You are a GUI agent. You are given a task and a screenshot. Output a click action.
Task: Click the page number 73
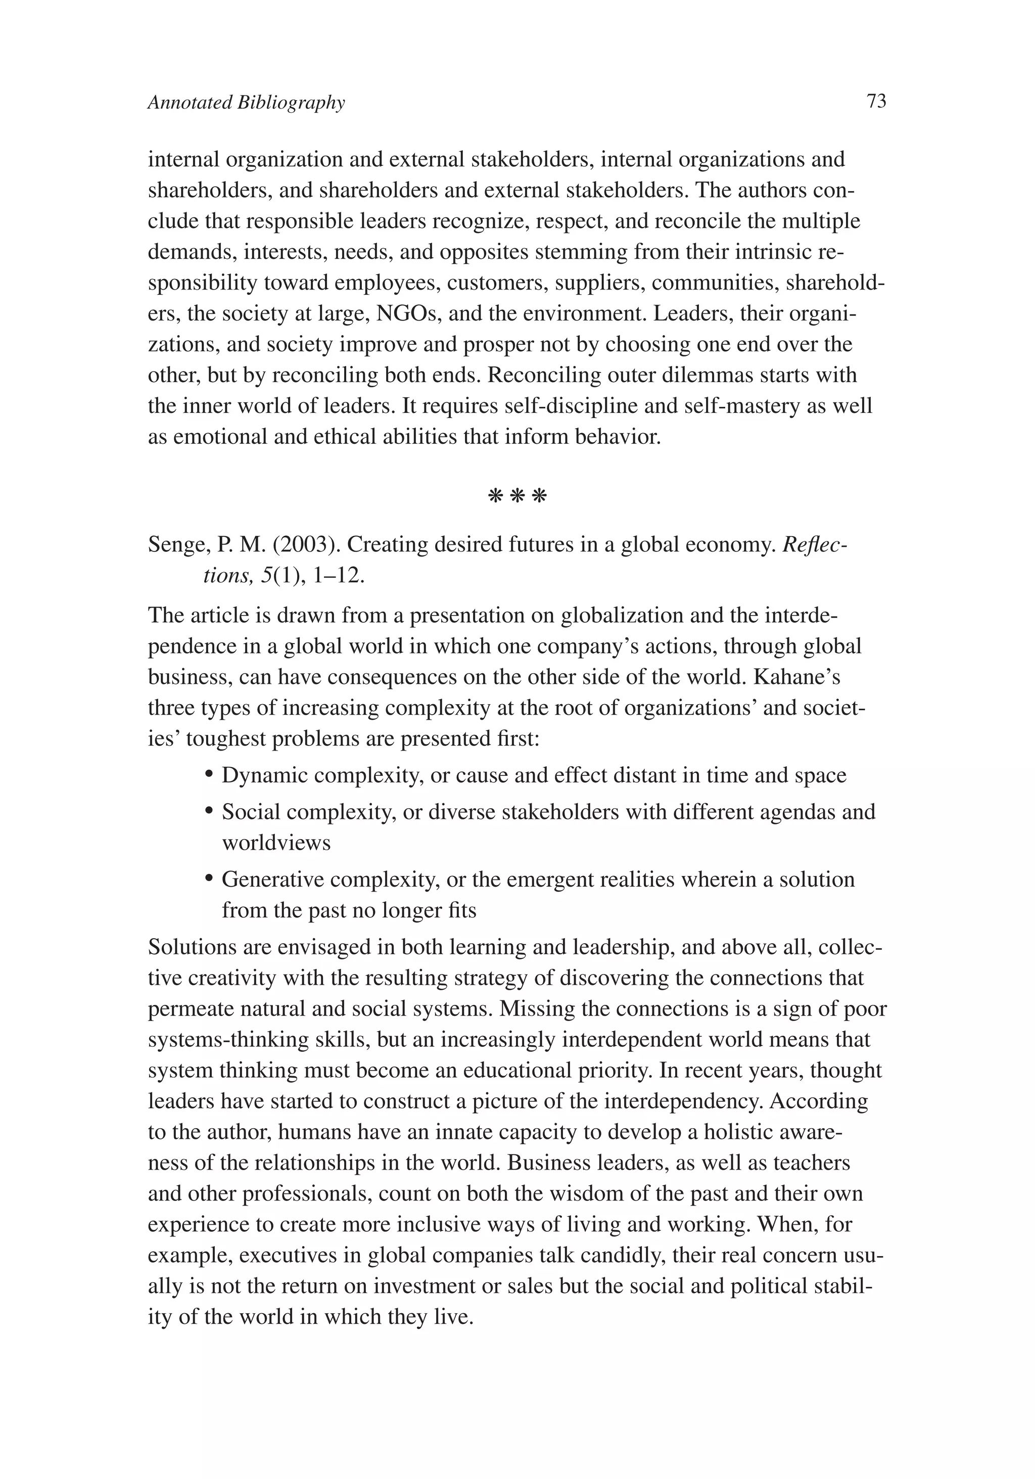pos(876,101)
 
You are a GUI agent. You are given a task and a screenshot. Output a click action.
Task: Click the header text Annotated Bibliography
pos(246,103)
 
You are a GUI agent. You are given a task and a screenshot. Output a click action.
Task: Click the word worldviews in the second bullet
pos(276,843)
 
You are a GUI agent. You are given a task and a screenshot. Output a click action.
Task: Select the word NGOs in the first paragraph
pos(406,314)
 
